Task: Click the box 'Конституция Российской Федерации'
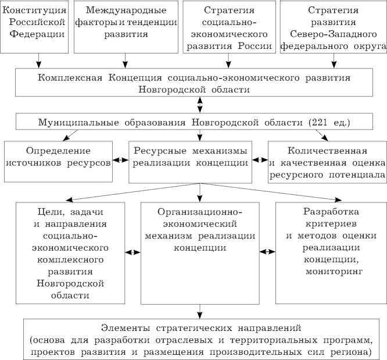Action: [37, 27]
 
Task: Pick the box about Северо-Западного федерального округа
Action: [333, 27]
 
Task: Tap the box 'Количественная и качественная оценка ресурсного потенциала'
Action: [327, 162]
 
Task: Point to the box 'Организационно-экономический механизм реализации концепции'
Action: [200, 253]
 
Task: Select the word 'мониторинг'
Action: [331, 271]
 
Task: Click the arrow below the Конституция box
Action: [38, 60]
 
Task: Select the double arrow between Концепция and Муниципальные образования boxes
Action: [200, 105]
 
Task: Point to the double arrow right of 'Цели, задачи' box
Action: [134, 252]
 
